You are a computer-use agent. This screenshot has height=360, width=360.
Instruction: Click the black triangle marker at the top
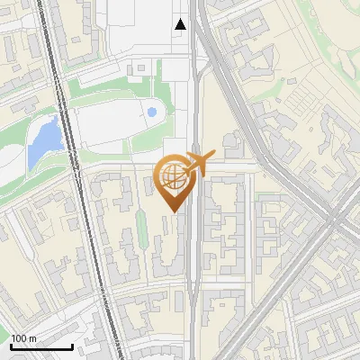[x=181, y=24]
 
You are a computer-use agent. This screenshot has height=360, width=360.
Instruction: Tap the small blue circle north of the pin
[x=151, y=112]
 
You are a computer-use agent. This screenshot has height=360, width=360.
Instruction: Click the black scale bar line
[x=41, y=346]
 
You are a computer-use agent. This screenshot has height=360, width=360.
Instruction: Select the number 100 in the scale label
[x=20, y=338]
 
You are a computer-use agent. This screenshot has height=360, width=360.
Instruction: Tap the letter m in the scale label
[x=33, y=338]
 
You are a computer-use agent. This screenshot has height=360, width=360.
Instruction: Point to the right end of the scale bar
[x=72, y=346]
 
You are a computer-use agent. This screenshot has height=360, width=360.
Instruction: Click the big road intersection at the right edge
[x=337, y=216]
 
